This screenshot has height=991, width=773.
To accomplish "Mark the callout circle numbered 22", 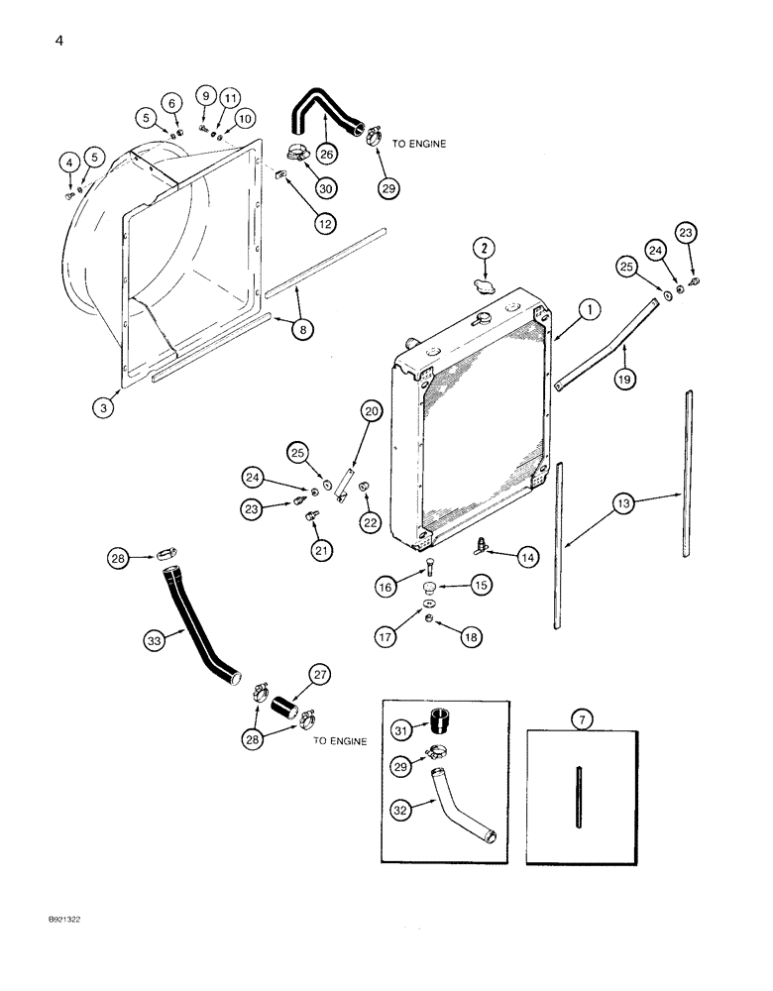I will pos(370,522).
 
